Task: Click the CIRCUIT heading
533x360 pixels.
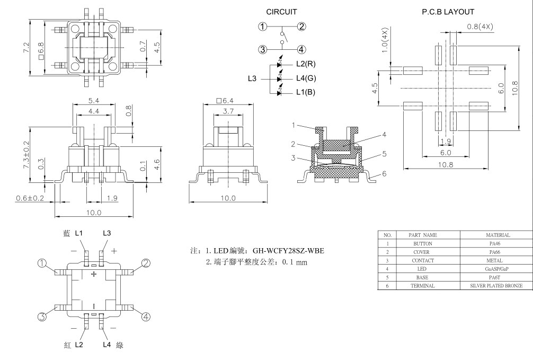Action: pyautogui.click(x=281, y=12)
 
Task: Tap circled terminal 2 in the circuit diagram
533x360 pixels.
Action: pyautogui.click(x=301, y=27)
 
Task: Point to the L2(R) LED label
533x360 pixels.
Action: pyautogui.click(x=306, y=64)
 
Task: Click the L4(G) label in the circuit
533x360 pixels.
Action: pyautogui.click(x=306, y=78)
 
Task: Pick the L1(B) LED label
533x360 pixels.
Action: pyautogui.click(x=306, y=93)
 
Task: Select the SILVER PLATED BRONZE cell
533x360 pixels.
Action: pyautogui.click(x=496, y=286)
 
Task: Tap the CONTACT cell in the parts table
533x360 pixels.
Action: pyautogui.click(x=423, y=260)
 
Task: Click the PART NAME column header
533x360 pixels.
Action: pyautogui.click(x=423, y=235)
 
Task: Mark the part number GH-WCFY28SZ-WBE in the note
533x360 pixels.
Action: pyautogui.click(x=282, y=251)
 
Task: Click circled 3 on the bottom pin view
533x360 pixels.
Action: pyautogui.click(x=42, y=317)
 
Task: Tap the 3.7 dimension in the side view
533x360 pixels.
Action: pyautogui.click(x=228, y=111)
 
